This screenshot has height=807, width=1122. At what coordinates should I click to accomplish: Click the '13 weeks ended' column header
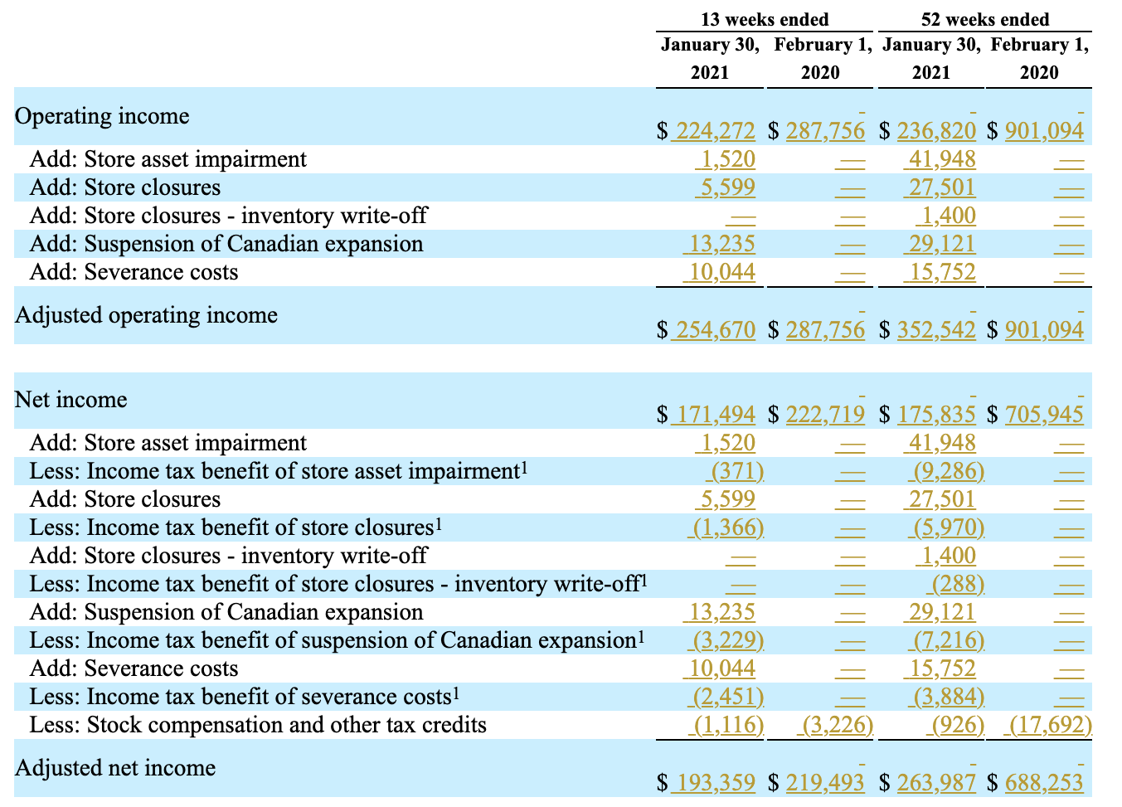(764, 19)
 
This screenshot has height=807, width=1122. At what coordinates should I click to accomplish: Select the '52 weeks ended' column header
(984, 19)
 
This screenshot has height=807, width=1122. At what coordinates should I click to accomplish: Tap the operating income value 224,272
(716, 131)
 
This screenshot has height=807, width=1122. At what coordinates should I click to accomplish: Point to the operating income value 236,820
(936, 131)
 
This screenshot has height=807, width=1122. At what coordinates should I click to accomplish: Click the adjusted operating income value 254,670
(716, 330)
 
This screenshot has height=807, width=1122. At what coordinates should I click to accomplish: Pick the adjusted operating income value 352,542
(936, 330)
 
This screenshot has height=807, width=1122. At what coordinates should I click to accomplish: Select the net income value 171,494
(716, 415)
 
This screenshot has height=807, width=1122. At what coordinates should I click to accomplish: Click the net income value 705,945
(1044, 415)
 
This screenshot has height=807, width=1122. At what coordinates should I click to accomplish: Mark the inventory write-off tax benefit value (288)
(958, 585)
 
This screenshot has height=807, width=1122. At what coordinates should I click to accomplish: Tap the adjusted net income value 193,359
(716, 783)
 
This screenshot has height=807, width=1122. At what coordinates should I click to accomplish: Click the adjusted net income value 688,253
(1044, 783)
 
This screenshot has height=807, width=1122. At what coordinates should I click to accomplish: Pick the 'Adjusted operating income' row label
(146, 315)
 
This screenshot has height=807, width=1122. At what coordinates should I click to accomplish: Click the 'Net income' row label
(71, 400)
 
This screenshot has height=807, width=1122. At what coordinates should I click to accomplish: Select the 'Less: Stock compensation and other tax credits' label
(258, 726)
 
